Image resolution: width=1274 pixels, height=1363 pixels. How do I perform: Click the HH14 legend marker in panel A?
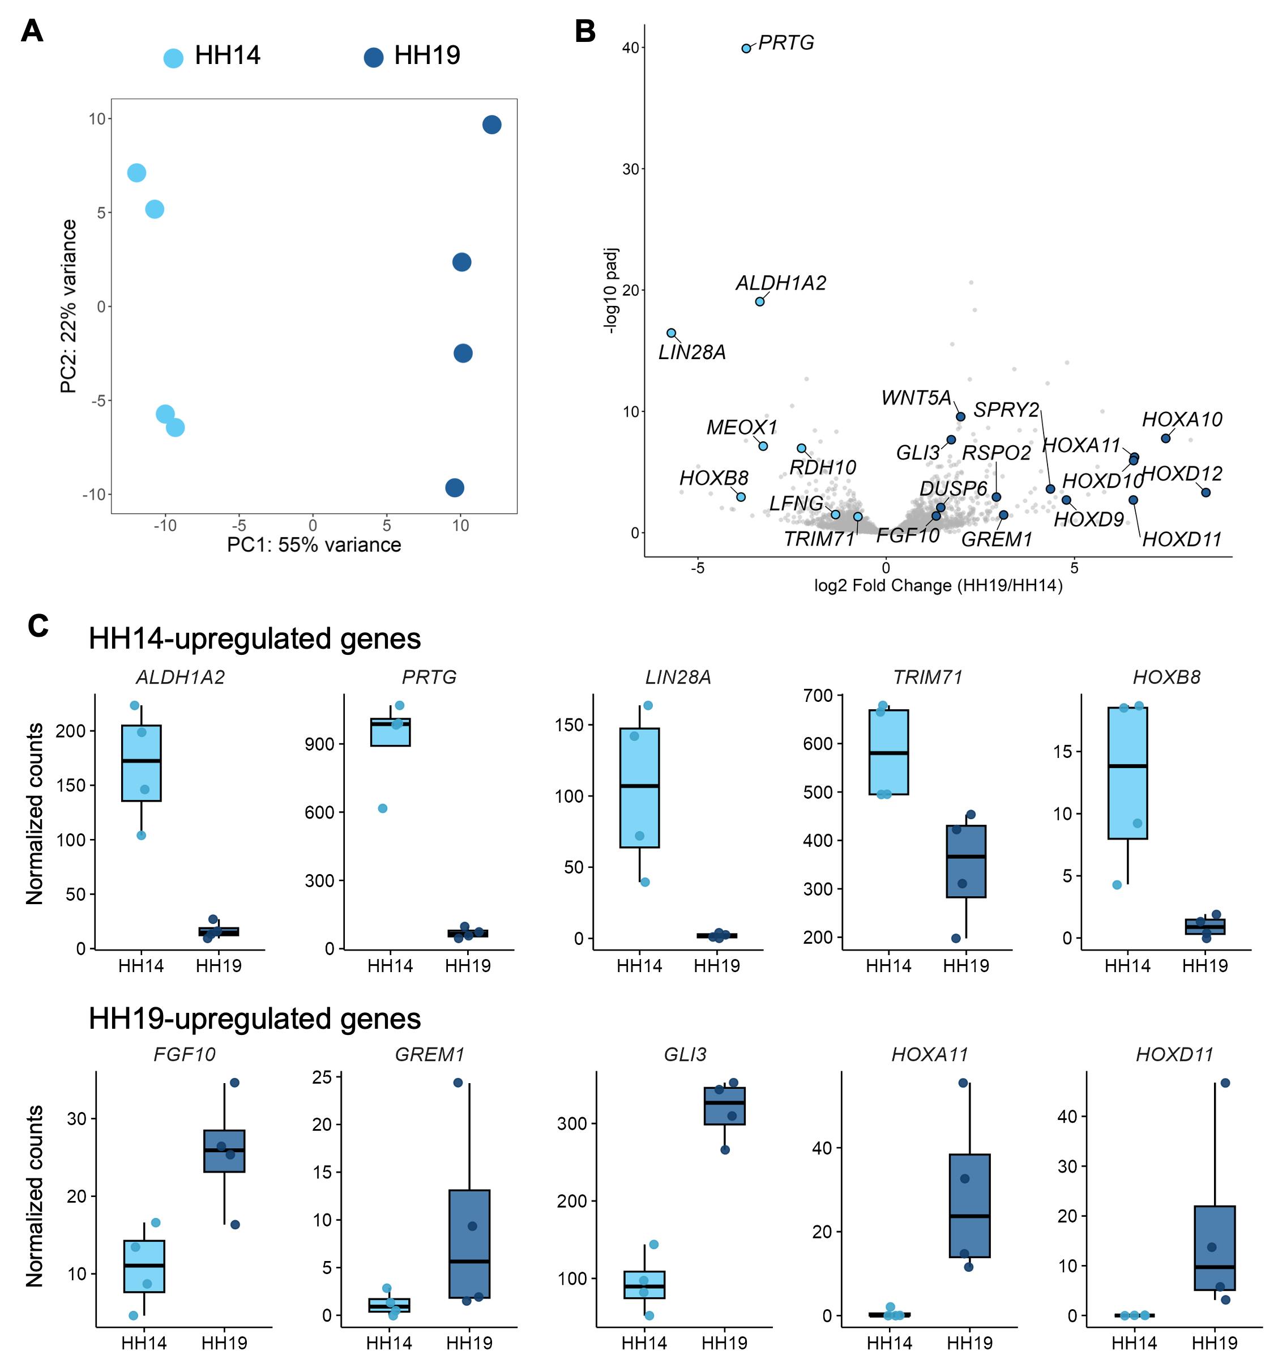coord(173,58)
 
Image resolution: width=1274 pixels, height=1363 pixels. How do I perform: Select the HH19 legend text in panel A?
coord(427,56)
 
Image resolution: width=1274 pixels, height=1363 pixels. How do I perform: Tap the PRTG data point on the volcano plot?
coord(746,49)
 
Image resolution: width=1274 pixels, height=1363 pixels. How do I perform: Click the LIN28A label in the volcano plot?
coord(691,352)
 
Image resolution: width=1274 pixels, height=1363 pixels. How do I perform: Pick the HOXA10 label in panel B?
coord(1182,420)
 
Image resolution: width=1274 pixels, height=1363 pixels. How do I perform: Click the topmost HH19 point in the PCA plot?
coord(491,125)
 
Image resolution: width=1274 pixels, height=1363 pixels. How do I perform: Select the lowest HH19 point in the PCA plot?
coord(454,487)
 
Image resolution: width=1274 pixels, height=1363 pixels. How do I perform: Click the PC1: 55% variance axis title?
coord(315,545)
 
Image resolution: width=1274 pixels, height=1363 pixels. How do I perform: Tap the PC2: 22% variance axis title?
coord(68,306)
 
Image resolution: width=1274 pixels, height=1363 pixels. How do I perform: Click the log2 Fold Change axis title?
coord(938,586)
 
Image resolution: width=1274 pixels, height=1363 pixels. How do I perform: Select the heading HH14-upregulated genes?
coord(255,639)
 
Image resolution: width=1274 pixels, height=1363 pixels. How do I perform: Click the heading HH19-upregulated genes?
coord(255,1019)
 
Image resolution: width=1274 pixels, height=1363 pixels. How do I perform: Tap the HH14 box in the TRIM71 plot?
coord(888,752)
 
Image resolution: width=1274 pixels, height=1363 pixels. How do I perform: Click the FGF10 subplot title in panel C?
coord(185,1054)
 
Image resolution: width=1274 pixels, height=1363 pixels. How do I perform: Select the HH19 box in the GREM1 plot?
coord(469,1243)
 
